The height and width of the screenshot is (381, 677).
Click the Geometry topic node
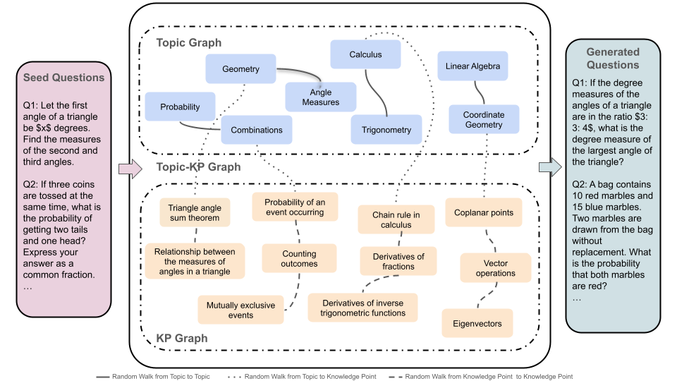coord(240,69)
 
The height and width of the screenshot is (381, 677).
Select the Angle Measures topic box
coord(320,97)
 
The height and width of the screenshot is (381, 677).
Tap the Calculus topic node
coord(365,54)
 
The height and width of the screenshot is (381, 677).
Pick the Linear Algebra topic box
coord(472,66)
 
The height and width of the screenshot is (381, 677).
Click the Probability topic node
coord(180,107)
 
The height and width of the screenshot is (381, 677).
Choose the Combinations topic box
coord(257,130)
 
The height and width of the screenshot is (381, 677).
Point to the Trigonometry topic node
coord(386,130)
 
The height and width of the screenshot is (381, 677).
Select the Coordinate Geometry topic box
coord(483,120)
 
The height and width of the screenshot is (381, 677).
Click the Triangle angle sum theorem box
coord(195,213)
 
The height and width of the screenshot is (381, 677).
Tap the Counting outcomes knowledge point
coord(300,259)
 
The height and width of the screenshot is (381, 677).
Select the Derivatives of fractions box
coord(398,262)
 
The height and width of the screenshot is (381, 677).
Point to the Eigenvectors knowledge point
coord(477,324)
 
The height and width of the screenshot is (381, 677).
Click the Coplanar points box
coord(484,212)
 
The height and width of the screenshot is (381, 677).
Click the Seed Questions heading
coord(63,78)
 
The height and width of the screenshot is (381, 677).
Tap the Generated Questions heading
coord(613,59)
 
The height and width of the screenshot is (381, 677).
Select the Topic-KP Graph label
coord(198,167)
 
